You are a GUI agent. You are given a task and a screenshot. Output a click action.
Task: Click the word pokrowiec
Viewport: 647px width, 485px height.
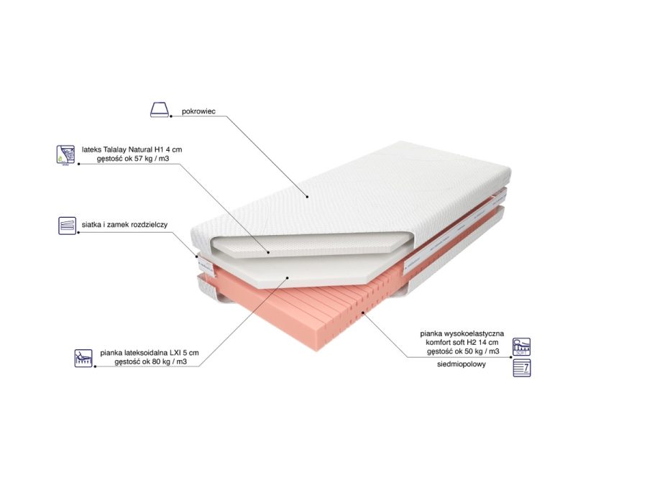coord(198,111)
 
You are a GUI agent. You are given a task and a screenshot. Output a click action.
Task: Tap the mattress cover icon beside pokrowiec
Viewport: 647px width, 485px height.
coord(160,110)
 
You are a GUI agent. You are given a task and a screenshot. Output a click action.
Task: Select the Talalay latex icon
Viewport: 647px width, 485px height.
coord(65,154)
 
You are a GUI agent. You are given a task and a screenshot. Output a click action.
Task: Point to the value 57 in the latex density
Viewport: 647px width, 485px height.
coord(138,158)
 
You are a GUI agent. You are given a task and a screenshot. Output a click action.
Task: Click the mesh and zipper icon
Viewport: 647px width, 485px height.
coord(67,226)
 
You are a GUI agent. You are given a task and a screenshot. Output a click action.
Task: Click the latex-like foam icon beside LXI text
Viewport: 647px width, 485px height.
coord(83,358)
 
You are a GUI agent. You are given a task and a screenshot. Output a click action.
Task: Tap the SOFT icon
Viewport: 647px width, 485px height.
coord(522,347)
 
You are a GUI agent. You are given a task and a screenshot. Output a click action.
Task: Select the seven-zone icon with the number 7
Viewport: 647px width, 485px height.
coord(522,368)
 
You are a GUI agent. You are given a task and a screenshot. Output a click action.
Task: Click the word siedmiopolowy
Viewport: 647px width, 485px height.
coord(462,364)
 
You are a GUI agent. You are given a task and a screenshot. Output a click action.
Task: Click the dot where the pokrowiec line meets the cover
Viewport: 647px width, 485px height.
coord(308,197)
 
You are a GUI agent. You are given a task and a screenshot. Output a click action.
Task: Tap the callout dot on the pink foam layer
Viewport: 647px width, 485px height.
coord(363,313)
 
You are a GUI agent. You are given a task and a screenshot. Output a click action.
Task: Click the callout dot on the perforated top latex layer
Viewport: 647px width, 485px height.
coord(268,252)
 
